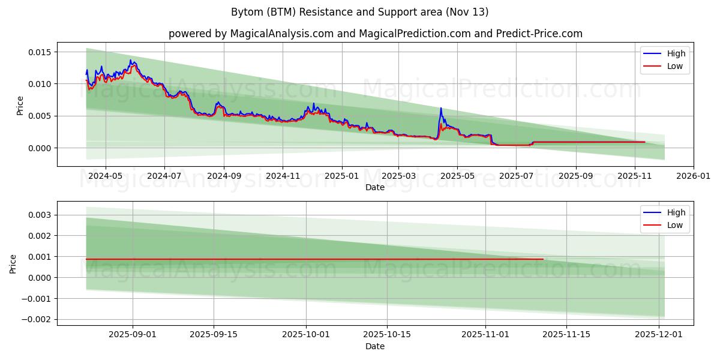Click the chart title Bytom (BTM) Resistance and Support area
tap(359, 12)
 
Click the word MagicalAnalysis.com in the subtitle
tap(282, 34)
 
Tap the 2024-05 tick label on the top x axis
tap(106, 176)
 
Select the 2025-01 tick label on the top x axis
tap(342, 176)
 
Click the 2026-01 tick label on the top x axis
tap(694, 176)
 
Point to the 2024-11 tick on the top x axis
tap(283, 176)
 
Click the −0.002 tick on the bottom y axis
tap(37, 319)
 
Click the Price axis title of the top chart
tap(20, 105)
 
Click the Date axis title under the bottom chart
tap(375, 346)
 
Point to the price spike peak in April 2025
tap(441, 109)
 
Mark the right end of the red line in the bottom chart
tap(543, 259)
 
